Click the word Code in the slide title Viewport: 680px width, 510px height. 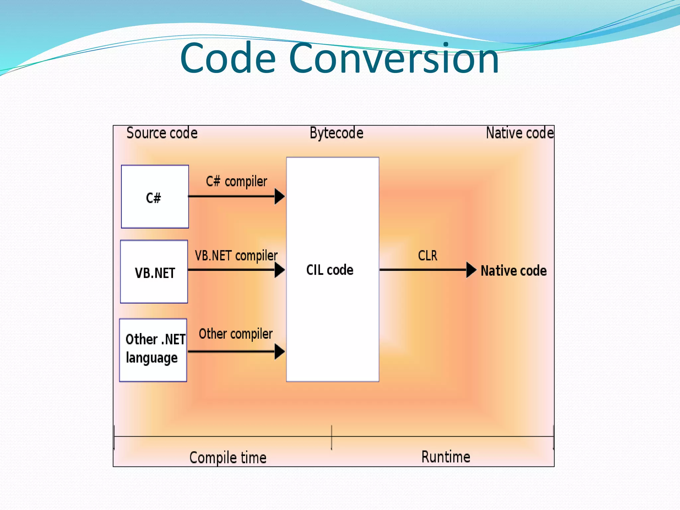228,58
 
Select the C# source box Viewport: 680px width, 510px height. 155,197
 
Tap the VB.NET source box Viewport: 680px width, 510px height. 154,272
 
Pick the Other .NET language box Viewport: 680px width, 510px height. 153,350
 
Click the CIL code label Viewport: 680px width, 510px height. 330,270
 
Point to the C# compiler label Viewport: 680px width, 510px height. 236,181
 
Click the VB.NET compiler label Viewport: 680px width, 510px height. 236,256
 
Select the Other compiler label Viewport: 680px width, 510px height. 235,334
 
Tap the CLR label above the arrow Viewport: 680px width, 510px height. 428,256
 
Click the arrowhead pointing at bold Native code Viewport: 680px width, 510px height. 471,270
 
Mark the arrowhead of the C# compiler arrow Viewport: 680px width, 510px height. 280,197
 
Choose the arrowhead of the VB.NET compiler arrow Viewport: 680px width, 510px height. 280,270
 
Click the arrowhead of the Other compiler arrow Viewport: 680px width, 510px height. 280,352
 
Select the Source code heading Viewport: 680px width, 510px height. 162,133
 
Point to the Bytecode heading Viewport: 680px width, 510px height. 336,133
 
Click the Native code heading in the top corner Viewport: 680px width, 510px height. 520,133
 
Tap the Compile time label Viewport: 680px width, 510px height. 228,458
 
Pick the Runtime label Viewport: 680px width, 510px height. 446,457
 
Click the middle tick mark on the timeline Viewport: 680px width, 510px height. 331,437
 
